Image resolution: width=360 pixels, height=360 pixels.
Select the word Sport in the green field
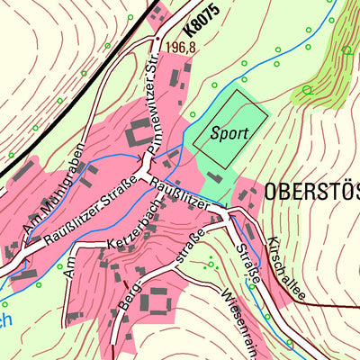(x=229, y=132)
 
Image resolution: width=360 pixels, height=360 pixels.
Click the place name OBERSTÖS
(x=311, y=192)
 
